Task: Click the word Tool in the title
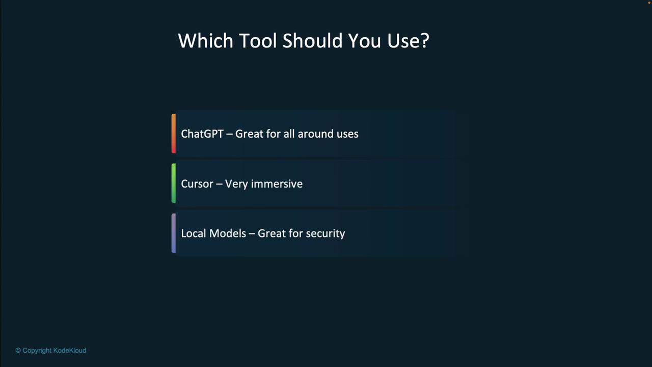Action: (x=258, y=40)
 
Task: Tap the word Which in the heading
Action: (x=205, y=40)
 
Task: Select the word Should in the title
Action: (x=312, y=40)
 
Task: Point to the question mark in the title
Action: (x=425, y=40)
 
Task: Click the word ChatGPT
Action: (x=202, y=134)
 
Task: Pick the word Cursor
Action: (x=197, y=184)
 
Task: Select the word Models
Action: (x=228, y=233)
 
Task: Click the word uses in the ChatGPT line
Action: (x=347, y=135)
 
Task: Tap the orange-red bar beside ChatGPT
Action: (x=174, y=134)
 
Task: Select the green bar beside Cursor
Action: (x=174, y=183)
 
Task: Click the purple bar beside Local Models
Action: (x=174, y=233)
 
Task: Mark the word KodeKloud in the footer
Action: (x=70, y=350)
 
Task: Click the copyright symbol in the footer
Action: (x=18, y=350)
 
